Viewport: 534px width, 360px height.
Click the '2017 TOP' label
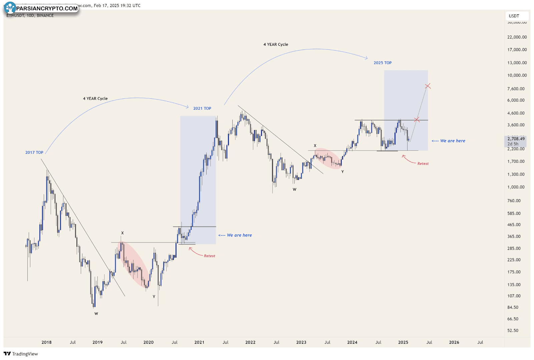[34, 152]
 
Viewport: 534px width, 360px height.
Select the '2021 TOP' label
[202, 108]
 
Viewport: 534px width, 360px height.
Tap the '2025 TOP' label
[382, 63]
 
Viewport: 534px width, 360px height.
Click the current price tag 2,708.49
[516, 139]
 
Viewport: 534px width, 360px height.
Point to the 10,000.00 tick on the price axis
[517, 75]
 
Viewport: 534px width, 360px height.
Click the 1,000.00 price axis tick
[516, 187]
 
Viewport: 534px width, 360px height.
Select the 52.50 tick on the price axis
[513, 331]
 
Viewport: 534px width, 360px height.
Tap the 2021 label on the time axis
[199, 342]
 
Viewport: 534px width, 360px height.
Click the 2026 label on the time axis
[454, 342]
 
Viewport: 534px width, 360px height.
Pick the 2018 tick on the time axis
[46, 342]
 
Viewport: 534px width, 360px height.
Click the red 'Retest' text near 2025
[423, 164]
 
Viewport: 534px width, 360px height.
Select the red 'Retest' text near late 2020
[209, 256]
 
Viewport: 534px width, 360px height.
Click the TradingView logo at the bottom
[21, 354]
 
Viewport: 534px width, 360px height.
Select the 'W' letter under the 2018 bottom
[96, 314]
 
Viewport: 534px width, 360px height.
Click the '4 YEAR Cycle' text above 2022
[276, 44]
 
